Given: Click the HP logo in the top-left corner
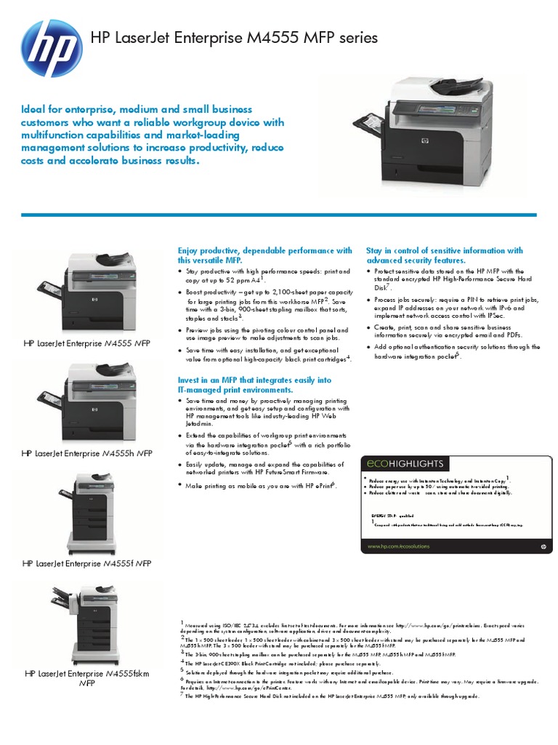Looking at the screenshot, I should [x=49, y=44].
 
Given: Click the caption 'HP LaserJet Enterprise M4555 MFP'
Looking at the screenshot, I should [x=87, y=342].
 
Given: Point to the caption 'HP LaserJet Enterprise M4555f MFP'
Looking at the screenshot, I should [x=87, y=563].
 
